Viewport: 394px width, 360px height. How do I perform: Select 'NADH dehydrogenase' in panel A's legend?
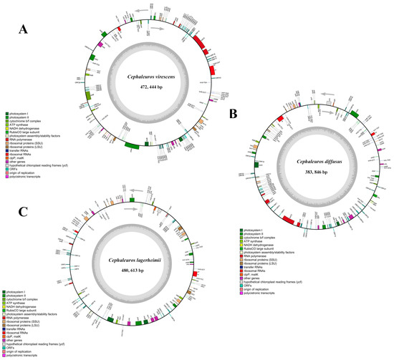click(x=27, y=127)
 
